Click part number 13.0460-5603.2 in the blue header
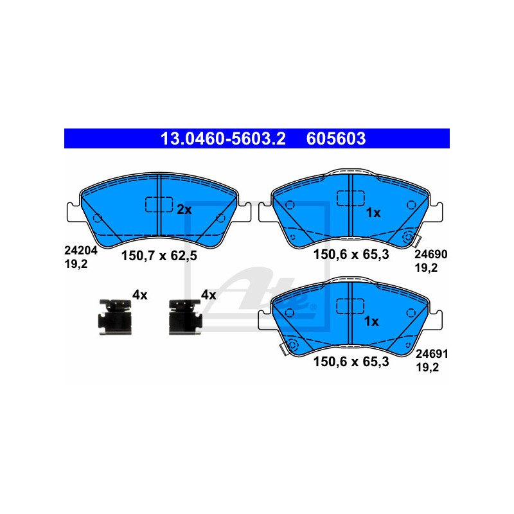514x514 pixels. pyautogui.click(x=223, y=139)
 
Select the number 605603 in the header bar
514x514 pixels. pyautogui.click(x=336, y=139)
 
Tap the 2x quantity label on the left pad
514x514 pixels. pyautogui.click(x=184, y=209)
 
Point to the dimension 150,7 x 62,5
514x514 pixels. pyautogui.click(x=159, y=256)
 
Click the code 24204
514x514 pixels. pyautogui.click(x=81, y=251)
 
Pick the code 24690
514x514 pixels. pyautogui.click(x=430, y=254)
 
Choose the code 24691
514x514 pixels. pyautogui.click(x=432, y=354)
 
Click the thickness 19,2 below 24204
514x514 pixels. pyautogui.click(x=76, y=264)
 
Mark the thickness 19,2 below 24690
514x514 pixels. pyautogui.click(x=426, y=268)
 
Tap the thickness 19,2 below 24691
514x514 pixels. pyautogui.click(x=427, y=368)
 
